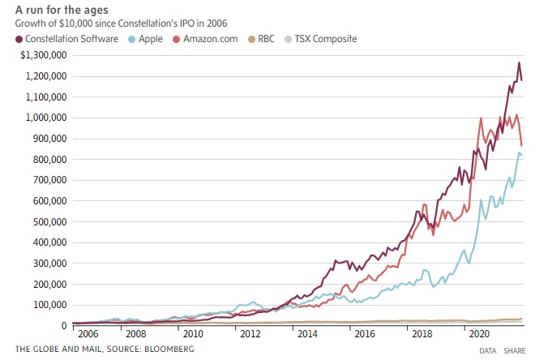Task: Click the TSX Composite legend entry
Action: (328, 38)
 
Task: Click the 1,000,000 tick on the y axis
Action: (42, 118)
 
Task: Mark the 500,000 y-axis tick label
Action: (47, 221)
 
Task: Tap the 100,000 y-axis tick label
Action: (47, 305)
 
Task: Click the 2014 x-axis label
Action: (307, 333)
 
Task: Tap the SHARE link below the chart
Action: (514, 350)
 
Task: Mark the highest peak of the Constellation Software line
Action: (519, 62)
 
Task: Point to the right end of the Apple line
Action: (522, 156)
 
